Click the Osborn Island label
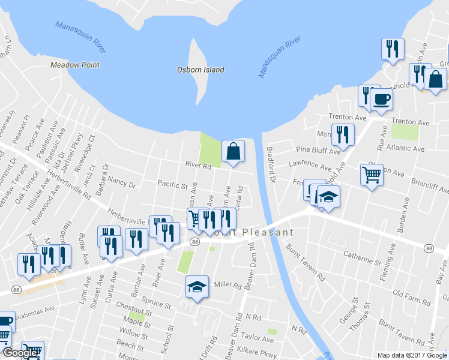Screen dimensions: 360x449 (200, 70)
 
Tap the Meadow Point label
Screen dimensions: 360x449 (75, 65)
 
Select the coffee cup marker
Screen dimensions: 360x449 (381, 100)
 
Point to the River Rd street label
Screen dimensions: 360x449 (198, 166)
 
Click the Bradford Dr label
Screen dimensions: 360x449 (271, 164)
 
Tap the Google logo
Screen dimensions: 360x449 (20, 353)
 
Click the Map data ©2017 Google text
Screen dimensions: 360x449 (412, 355)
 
